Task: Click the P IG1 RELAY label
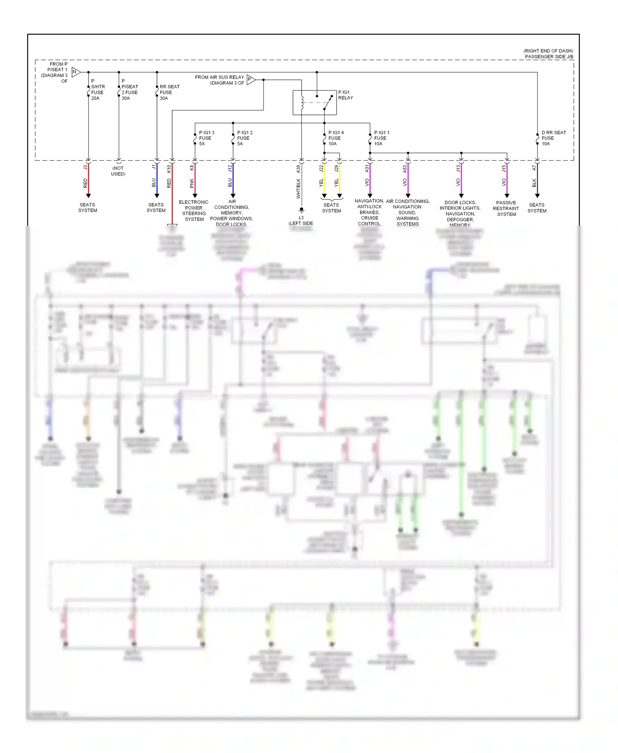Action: (345, 95)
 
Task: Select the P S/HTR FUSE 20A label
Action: (98, 89)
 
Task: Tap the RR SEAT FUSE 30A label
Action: (169, 92)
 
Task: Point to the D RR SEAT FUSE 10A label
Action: (553, 138)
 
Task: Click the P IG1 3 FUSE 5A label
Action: (206, 138)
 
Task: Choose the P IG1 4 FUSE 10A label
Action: (335, 138)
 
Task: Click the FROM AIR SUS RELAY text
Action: (219, 77)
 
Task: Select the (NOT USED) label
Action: (118, 171)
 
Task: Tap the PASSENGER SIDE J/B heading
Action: (549, 56)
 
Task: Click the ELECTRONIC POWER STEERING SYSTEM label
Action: (194, 210)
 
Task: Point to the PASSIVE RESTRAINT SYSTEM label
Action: (506, 208)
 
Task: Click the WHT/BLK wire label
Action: (298, 189)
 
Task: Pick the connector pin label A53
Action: (405, 168)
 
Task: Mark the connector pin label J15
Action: (503, 168)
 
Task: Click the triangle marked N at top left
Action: (76, 72)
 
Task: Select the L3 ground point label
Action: (301, 217)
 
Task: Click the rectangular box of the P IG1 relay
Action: (314, 103)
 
